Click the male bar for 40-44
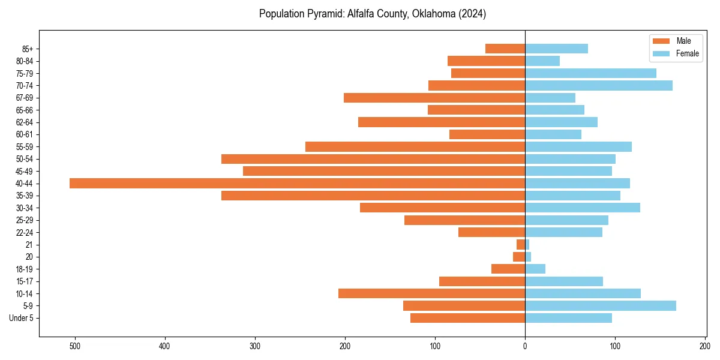coord(297,183)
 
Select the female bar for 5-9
coord(600,305)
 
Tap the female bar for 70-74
coord(598,85)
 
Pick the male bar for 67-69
coord(434,98)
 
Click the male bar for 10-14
coord(431,293)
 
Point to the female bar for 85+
coord(556,49)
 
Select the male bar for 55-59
coord(415,146)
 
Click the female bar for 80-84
coord(542,61)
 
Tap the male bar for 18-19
coord(508,269)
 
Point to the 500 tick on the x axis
coord(75,346)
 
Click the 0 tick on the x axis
coord(525,346)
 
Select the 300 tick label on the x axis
coord(255,346)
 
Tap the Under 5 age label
coord(21,317)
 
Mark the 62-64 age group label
coord(24,122)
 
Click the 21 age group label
coord(29,244)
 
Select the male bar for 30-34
coord(442,208)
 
